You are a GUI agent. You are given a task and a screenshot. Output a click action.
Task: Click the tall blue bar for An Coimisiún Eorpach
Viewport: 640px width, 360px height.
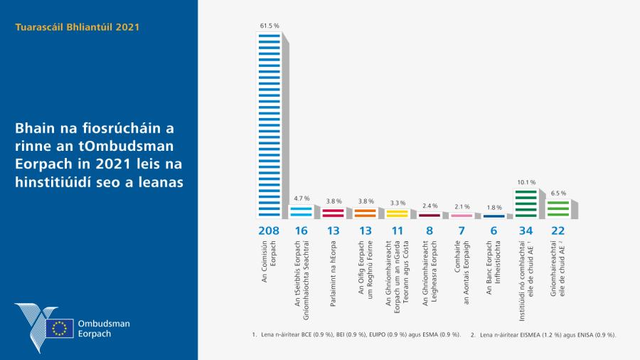268,125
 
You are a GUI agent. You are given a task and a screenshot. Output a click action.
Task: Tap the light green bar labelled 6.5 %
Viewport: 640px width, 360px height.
558,208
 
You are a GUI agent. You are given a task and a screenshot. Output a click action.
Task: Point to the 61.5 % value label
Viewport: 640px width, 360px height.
269,26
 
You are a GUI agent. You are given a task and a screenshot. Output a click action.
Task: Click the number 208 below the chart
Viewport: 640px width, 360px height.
269,231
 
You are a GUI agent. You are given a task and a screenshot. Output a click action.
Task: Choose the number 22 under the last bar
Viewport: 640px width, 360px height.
558,231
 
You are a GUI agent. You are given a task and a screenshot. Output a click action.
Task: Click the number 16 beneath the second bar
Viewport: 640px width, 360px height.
301,231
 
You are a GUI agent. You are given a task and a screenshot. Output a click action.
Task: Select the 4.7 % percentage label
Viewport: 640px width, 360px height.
302,198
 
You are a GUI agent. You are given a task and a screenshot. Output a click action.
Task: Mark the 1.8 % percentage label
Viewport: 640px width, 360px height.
494,208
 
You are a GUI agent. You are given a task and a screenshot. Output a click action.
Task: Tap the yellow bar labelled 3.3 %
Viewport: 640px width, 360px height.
397,213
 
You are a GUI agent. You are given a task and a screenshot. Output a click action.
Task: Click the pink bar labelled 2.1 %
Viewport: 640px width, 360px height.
461,215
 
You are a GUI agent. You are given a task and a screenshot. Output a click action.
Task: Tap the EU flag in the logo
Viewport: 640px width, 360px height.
59,328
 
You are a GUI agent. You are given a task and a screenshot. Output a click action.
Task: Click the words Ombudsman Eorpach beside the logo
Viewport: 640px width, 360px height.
104,328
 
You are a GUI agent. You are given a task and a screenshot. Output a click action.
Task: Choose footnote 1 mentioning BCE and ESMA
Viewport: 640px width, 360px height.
356,334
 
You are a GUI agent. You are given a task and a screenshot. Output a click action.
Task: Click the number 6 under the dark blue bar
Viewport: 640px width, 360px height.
494,231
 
